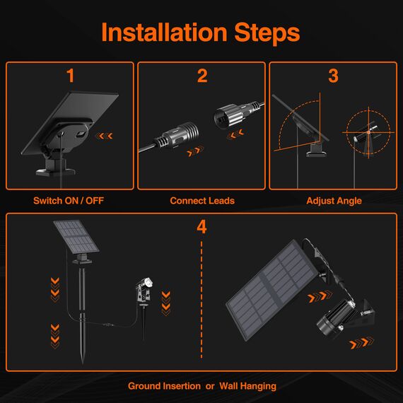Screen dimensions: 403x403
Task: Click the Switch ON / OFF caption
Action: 69,201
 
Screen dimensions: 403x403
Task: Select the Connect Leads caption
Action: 202,201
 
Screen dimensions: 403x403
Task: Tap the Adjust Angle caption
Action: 334,201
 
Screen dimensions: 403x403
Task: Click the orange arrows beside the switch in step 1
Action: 105,136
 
